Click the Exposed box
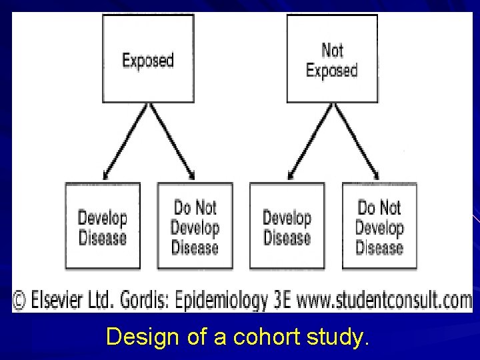[x=147, y=60]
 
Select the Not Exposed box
[x=332, y=60]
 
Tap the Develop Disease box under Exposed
[x=102, y=226]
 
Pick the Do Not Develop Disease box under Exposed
[x=195, y=226]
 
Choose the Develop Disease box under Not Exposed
[x=287, y=226]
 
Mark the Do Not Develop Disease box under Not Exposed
[x=379, y=226]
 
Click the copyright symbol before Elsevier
[x=19, y=301]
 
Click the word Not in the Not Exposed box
[x=332, y=50]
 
